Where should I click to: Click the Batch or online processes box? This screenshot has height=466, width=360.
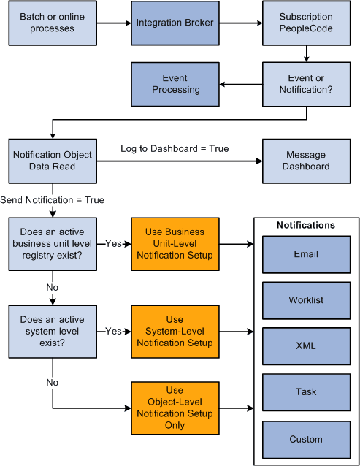(x=52, y=23)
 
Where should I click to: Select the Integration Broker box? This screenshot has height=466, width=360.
(x=175, y=23)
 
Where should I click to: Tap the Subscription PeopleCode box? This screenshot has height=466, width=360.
(x=306, y=23)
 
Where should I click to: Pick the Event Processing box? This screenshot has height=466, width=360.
(x=175, y=83)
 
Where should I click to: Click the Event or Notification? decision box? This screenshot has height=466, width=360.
(x=306, y=83)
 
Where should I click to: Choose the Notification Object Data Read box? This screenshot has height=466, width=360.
(x=52, y=161)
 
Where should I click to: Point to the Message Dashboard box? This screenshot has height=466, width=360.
(x=306, y=161)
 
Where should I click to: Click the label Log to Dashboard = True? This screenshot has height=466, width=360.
(x=175, y=149)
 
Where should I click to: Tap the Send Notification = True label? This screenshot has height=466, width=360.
(x=52, y=200)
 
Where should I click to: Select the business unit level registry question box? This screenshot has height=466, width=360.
(x=52, y=243)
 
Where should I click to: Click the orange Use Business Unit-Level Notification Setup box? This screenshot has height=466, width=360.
(x=175, y=243)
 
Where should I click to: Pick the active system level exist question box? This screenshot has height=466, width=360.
(x=52, y=331)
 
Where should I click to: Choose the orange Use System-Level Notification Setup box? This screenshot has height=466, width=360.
(x=175, y=331)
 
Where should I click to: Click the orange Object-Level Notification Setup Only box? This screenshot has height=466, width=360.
(x=175, y=408)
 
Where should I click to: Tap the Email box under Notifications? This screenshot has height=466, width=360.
(x=306, y=255)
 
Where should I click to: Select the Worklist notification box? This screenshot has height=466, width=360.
(x=306, y=300)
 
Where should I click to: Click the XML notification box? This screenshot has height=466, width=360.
(x=306, y=345)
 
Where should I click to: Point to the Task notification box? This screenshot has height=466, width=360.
(x=306, y=391)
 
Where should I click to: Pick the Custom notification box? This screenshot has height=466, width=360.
(x=306, y=439)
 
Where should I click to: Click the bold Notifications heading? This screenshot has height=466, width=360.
(x=306, y=225)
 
